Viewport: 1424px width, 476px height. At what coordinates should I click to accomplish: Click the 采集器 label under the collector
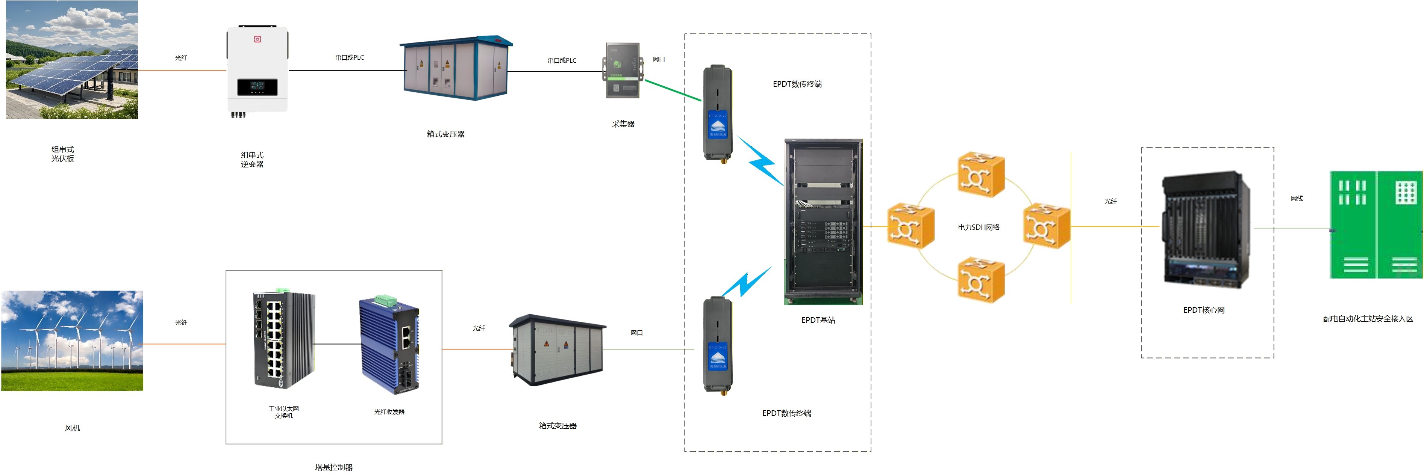pyautogui.click(x=623, y=124)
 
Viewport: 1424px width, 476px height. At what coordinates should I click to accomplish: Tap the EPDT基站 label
pyautogui.click(x=818, y=320)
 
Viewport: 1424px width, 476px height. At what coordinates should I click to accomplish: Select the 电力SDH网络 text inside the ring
pyautogui.click(x=979, y=227)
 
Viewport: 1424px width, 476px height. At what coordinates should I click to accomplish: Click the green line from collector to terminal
pyautogui.click(x=673, y=90)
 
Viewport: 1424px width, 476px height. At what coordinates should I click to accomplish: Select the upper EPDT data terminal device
pyautogui.click(x=718, y=113)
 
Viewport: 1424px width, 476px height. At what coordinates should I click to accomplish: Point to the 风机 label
pyautogui.click(x=73, y=428)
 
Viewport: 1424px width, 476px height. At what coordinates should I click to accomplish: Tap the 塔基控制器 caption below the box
pyautogui.click(x=333, y=467)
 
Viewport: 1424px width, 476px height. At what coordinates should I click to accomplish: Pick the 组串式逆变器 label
pyautogui.click(x=252, y=160)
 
